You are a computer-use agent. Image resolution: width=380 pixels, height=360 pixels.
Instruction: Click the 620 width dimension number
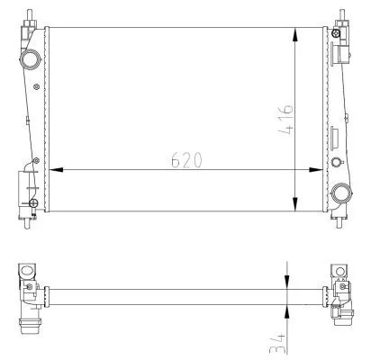(185, 159)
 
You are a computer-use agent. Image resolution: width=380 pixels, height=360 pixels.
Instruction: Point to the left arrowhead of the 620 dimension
(55, 169)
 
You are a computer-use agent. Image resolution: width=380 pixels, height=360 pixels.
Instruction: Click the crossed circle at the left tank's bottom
(32, 203)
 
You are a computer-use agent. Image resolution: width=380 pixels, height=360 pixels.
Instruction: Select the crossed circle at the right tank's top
(335, 33)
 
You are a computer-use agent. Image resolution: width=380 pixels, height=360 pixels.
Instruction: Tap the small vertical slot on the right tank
(335, 139)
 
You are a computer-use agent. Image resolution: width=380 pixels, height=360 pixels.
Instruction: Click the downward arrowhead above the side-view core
(287, 282)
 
